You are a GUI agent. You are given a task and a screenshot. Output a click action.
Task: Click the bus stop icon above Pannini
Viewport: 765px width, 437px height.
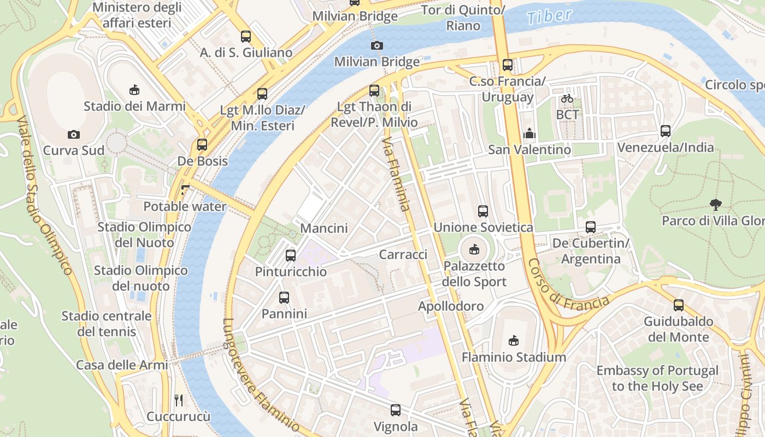click(x=284, y=298)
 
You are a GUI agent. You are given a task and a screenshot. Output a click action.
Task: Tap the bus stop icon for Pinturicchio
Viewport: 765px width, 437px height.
click(x=291, y=255)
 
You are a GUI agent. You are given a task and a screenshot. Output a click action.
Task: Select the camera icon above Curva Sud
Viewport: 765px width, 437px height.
click(x=74, y=134)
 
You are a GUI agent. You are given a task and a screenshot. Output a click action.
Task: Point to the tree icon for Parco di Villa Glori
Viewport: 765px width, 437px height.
click(x=715, y=205)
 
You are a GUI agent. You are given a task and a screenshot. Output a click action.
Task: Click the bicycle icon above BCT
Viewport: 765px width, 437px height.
click(x=567, y=99)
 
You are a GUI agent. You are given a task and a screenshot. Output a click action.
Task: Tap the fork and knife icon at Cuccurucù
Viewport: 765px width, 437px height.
click(x=179, y=400)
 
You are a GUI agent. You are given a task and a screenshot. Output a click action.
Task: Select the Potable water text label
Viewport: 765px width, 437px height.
click(x=185, y=206)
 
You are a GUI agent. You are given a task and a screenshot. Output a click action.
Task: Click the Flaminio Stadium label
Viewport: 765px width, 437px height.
click(x=514, y=357)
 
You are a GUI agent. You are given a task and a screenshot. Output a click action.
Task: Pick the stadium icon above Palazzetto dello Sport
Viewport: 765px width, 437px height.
click(x=474, y=250)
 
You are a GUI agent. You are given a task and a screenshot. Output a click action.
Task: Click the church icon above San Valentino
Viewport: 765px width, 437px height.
click(x=529, y=133)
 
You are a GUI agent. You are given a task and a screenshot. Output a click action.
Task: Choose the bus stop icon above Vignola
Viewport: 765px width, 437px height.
click(x=396, y=410)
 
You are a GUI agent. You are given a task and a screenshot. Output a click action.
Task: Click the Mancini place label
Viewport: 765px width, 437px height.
click(x=324, y=228)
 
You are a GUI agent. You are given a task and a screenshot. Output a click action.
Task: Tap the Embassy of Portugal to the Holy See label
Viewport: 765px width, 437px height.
click(x=657, y=379)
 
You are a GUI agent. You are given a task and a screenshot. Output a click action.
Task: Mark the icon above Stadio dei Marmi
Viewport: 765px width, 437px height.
click(x=134, y=89)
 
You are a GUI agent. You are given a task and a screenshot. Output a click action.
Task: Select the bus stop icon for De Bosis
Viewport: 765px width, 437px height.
click(x=202, y=145)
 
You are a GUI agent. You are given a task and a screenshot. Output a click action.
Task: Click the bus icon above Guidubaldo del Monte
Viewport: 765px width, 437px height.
click(x=679, y=305)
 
